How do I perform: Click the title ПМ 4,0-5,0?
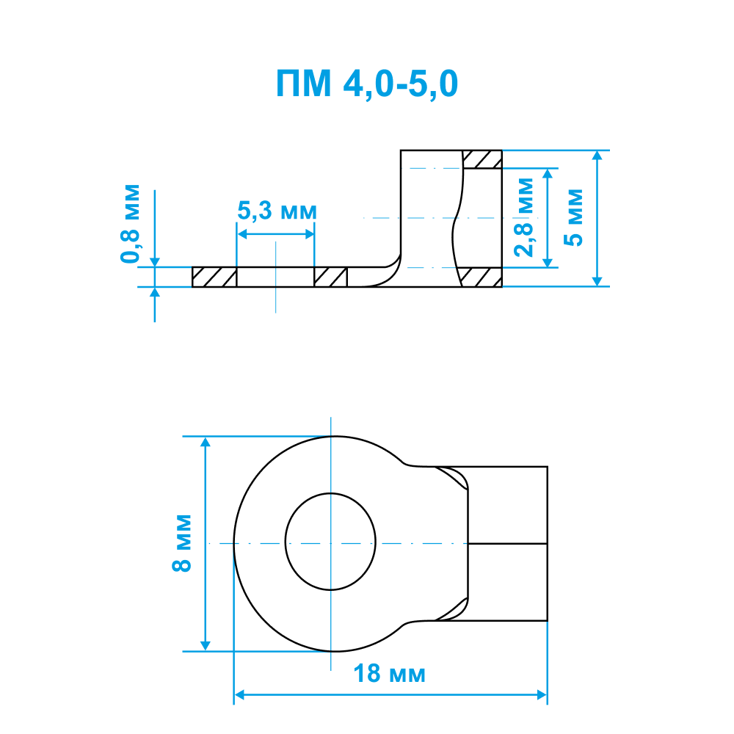coord(366,84)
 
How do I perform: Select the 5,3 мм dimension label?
coord(277,211)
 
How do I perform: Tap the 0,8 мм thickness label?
coord(130,224)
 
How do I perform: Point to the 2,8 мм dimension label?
coord(523,218)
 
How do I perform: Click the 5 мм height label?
coord(573,218)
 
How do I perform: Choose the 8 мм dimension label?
coord(181,543)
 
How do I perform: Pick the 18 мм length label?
coord(390,674)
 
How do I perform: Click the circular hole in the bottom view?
coord(330,542)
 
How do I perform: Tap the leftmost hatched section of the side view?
coord(214,277)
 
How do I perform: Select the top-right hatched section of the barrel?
coord(482,159)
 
